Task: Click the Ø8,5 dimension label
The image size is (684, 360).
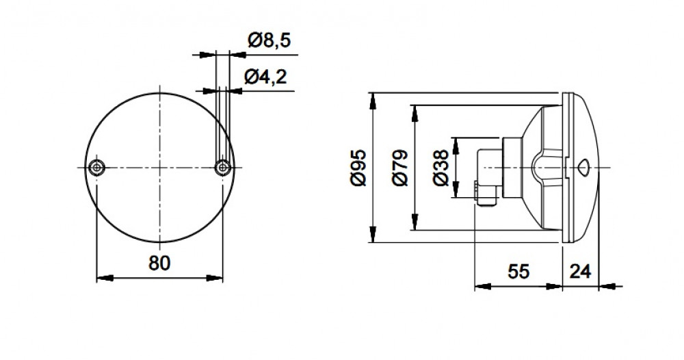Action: click(x=269, y=40)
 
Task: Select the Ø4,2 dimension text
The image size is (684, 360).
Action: click(x=265, y=77)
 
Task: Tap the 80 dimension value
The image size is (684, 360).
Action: click(x=159, y=263)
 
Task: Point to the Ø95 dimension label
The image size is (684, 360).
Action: click(x=358, y=168)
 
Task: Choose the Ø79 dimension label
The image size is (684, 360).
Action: click(x=400, y=168)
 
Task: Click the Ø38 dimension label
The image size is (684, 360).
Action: click(x=441, y=168)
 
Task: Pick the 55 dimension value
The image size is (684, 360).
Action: click(x=518, y=272)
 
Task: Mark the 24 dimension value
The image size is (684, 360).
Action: click(x=581, y=272)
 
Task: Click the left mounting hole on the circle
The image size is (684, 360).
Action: click(x=96, y=168)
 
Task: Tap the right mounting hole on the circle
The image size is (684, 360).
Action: click(x=223, y=168)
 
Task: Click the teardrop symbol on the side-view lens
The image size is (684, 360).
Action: click(x=583, y=168)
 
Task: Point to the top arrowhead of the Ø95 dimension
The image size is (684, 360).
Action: click(x=373, y=101)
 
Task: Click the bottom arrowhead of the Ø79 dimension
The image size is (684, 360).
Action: click(x=415, y=222)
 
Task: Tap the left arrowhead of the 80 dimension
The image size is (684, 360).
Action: click(x=105, y=278)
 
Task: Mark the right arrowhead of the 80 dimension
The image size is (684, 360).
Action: click(x=214, y=278)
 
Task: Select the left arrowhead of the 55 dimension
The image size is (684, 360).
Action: click(x=483, y=287)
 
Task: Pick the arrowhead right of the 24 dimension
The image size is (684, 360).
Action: click(x=607, y=287)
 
